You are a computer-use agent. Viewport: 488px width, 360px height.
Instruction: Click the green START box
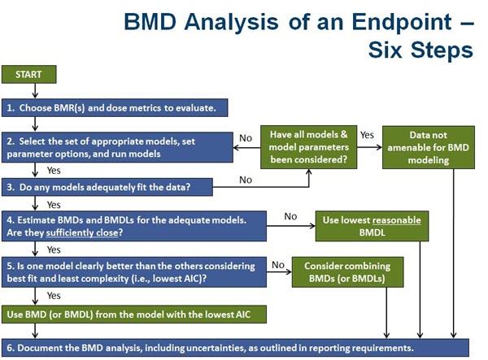pyautogui.click(x=29, y=74)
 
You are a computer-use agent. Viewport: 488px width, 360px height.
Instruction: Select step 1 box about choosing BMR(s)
pyautogui.click(x=115, y=108)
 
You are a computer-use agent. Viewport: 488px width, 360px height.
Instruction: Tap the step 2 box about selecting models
pyautogui.click(x=117, y=147)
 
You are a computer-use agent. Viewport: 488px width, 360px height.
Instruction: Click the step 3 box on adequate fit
pyautogui.click(x=107, y=187)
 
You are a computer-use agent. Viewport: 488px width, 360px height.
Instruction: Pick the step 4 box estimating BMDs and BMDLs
pyautogui.click(x=134, y=226)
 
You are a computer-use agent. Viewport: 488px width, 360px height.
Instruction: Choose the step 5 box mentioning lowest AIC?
pyautogui.click(x=134, y=272)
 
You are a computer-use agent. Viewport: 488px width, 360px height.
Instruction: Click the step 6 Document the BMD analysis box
pyautogui.click(x=235, y=348)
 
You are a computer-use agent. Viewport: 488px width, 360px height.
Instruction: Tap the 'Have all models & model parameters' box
pyautogui.click(x=309, y=147)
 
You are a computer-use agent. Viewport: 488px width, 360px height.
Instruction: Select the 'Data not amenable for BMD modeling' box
pyautogui.click(x=429, y=147)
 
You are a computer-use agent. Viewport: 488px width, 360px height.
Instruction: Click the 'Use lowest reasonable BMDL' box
pyautogui.click(x=372, y=226)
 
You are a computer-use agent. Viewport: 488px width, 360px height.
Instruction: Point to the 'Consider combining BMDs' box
pyautogui.click(x=347, y=272)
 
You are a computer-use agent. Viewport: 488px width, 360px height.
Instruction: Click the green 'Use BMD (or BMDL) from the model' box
pyautogui.click(x=134, y=314)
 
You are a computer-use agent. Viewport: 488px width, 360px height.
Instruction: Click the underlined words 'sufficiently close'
pyautogui.click(x=82, y=233)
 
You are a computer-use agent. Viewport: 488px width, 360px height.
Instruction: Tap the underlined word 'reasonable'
pyautogui.click(x=397, y=220)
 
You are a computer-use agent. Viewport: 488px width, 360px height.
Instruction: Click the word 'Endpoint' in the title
pyautogui.click(x=402, y=22)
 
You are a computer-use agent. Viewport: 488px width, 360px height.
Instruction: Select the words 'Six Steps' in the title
pyautogui.click(x=420, y=50)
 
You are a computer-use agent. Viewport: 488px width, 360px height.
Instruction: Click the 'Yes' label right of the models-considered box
pyautogui.click(x=368, y=135)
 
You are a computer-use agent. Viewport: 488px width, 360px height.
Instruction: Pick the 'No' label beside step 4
pyautogui.click(x=290, y=216)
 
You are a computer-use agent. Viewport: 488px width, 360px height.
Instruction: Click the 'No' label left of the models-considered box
pyautogui.click(x=246, y=138)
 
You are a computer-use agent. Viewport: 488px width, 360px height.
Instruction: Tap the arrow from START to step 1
pyautogui.click(x=35, y=91)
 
